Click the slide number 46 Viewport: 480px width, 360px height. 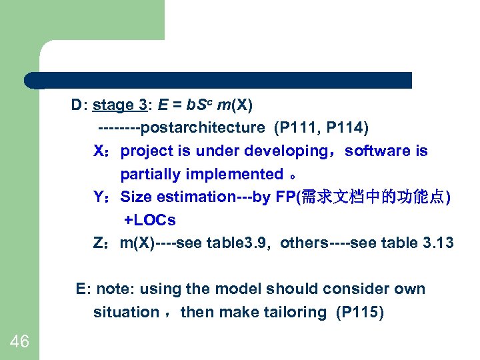click(x=20, y=342)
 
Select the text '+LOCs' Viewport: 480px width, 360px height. click(x=150, y=220)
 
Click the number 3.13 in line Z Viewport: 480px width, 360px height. click(x=438, y=243)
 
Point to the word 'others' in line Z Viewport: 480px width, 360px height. click(x=304, y=243)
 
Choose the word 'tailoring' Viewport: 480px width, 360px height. click(x=296, y=312)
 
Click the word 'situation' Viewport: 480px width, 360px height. click(x=126, y=312)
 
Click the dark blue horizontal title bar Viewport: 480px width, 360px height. click(x=220, y=81)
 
